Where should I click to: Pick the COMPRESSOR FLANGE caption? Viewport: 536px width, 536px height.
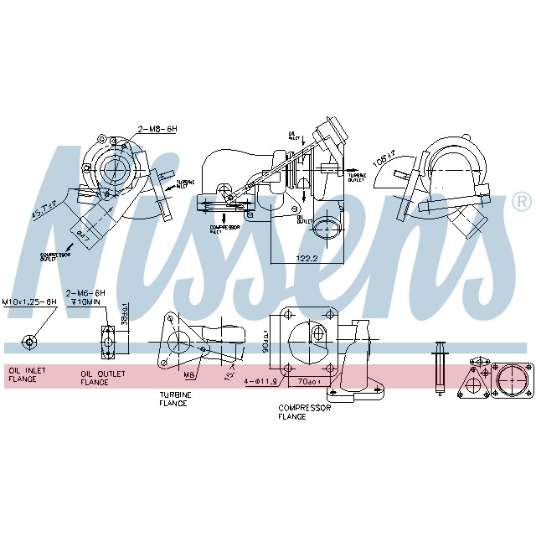(305, 411)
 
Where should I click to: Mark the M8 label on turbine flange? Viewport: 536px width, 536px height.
(189, 375)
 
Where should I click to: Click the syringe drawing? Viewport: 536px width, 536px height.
(439, 368)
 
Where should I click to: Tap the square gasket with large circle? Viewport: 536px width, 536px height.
(510, 380)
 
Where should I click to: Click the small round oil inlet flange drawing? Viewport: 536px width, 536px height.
(30, 341)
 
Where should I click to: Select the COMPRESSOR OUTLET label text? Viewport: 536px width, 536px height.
(55, 255)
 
